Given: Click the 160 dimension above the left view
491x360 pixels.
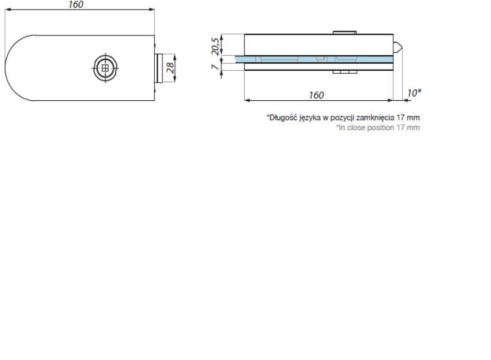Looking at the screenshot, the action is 76,4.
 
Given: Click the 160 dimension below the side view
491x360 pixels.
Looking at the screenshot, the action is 317,95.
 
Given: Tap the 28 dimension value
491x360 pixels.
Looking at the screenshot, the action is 170,68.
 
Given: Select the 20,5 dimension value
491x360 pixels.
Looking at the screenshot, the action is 215,46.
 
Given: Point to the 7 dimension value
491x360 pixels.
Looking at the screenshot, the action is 215,67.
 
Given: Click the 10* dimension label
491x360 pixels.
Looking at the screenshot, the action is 414,93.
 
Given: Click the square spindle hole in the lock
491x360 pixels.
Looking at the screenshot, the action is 106,68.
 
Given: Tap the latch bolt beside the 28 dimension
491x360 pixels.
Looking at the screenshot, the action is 158,68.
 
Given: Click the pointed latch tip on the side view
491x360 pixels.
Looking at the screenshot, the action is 398,48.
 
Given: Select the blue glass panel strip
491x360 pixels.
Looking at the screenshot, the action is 314,59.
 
